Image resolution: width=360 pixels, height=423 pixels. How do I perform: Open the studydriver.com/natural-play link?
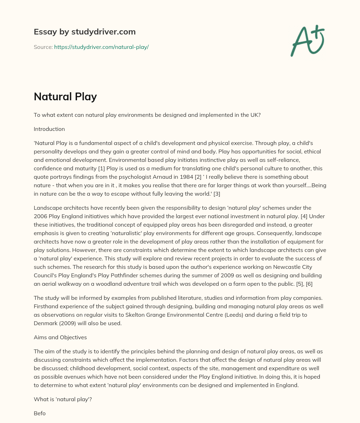pyautogui.click(x=101, y=47)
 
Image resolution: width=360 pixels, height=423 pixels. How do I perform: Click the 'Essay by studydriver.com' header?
pyautogui.click(x=84, y=32)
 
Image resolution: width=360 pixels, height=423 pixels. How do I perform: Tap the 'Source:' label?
pyautogui.click(x=43, y=47)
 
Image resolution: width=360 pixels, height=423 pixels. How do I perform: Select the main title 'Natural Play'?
pyautogui.click(x=65, y=96)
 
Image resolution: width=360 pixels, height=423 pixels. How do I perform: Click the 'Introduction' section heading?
pyautogui.click(x=49, y=129)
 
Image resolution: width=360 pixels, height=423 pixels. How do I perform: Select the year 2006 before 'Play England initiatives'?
pyautogui.click(x=41, y=216)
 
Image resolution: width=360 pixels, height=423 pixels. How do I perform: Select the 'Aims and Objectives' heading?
pyautogui.click(x=60, y=337)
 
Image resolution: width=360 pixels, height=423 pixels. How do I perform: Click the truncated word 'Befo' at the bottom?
pyautogui.click(x=40, y=413)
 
